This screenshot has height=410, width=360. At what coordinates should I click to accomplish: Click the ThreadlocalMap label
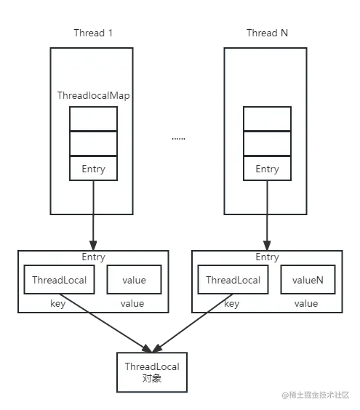tap(93, 96)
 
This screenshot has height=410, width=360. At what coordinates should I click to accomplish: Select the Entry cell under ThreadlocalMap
tap(93, 169)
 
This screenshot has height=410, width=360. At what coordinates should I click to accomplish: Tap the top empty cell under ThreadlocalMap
tap(93, 119)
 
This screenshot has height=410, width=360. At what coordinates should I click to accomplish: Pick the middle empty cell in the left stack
tap(93, 144)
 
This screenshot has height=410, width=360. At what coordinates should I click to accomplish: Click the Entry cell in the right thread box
tap(267, 169)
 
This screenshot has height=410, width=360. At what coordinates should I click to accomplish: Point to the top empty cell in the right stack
tap(267, 119)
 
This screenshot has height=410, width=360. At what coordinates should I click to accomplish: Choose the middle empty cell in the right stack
tap(267, 144)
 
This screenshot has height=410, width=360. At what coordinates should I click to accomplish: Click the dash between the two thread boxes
tap(177, 137)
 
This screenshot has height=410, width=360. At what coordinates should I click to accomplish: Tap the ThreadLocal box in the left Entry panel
tap(58, 281)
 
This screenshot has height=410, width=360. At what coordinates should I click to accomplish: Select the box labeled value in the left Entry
tap(134, 281)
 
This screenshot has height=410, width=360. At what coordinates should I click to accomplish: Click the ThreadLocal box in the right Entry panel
tap(232, 281)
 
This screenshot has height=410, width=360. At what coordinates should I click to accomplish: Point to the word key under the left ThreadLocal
tap(58, 304)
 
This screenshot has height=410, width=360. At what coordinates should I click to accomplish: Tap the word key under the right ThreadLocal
tap(232, 304)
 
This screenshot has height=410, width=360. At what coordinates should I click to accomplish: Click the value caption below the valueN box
tap(306, 304)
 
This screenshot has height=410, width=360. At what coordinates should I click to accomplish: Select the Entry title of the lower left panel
tap(93, 257)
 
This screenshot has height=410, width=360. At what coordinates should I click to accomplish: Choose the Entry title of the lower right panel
tap(267, 257)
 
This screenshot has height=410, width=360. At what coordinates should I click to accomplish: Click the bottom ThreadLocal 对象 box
tap(152, 372)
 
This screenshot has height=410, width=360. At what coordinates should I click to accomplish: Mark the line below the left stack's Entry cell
tap(93, 196)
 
